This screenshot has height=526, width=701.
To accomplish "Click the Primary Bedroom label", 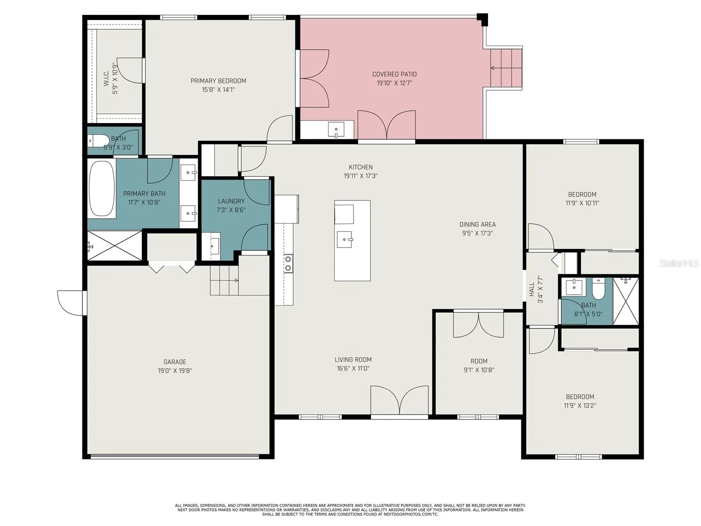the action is (x=218, y=81).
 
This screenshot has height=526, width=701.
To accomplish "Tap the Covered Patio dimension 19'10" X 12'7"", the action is (x=394, y=83).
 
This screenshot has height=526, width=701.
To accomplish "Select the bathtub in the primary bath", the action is (x=102, y=188).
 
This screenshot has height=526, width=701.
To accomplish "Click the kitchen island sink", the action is (x=345, y=239).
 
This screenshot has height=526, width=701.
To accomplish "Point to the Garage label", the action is (x=175, y=362).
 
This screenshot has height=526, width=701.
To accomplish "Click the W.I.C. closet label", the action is (x=106, y=78).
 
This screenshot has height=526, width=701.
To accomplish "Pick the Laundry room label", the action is (x=231, y=201).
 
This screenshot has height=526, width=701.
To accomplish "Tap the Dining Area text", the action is (x=478, y=224).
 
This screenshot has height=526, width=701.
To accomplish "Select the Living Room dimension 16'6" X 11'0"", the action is (x=353, y=368).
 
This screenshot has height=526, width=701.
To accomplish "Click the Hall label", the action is (x=532, y=289).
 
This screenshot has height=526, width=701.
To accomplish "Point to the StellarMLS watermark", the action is (x=680, y=263).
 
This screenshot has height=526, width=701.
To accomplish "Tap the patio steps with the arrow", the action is (x=506, y=68).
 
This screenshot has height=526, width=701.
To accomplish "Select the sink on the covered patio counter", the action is (x=336, y=129).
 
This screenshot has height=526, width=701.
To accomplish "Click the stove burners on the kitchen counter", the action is (x=288, y=263).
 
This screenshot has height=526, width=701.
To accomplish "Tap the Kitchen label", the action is (x=361, y=167).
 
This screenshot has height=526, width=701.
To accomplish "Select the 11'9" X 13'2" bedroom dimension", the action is (x=580, y=405).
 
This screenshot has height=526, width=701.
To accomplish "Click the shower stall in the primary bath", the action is (x=115, y=245).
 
